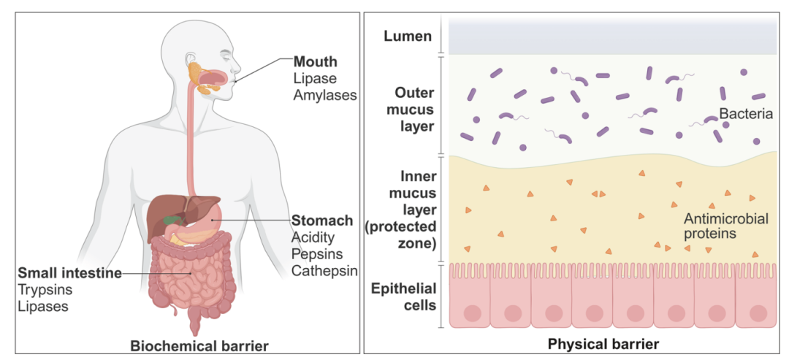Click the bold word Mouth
(316, 61)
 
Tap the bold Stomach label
(322, 220)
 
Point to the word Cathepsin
(324, 271)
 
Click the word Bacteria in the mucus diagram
(745, 114)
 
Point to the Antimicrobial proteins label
(720, 226)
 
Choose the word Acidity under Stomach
(313, 237)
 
